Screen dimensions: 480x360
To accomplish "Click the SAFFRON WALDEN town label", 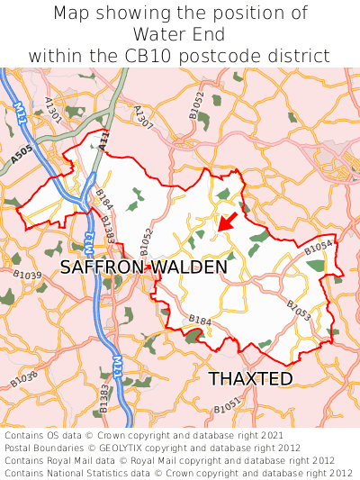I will point(144,267).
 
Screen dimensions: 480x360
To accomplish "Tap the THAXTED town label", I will point(251,378).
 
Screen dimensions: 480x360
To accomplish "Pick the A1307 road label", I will point(143,116).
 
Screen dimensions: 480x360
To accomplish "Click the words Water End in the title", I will point(179,34).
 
